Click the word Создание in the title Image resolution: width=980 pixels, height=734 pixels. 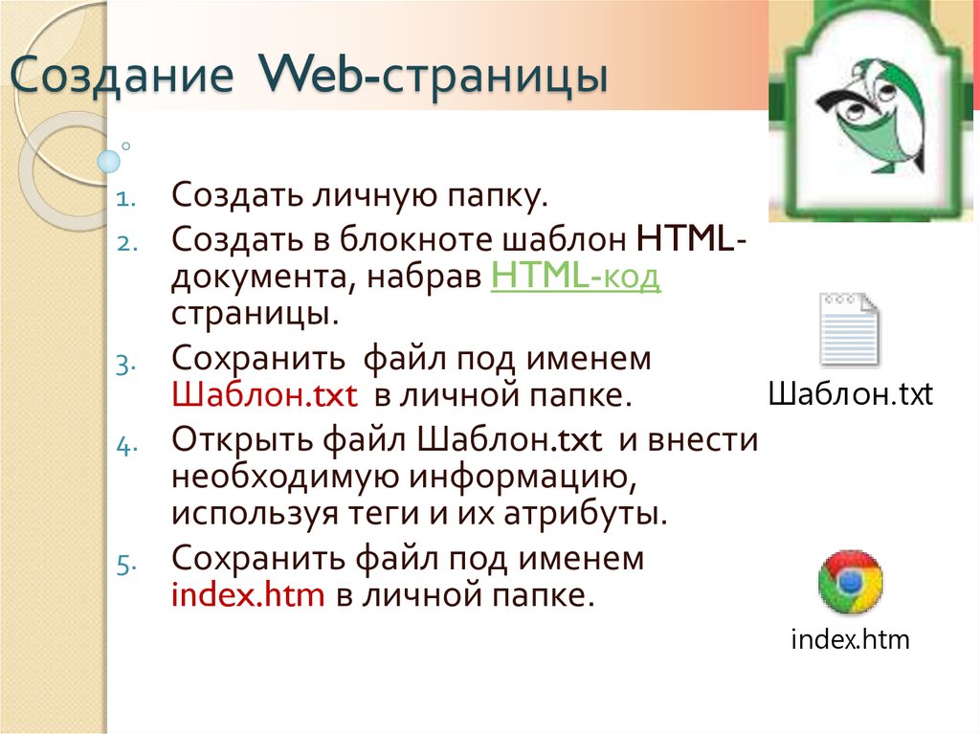122,76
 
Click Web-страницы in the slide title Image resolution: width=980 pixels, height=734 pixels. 434,76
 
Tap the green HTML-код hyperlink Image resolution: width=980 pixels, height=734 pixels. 575,277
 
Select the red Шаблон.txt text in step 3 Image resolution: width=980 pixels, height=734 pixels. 264,395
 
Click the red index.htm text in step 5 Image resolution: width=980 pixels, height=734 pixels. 248,594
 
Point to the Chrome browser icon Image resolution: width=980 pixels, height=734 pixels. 850,582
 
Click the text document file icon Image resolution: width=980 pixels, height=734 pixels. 850,329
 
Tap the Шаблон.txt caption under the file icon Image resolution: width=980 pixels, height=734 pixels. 851,394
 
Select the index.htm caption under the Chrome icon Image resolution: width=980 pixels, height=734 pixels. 850,639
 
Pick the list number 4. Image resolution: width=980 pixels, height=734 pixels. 126,445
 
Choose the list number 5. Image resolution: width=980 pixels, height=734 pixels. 126,566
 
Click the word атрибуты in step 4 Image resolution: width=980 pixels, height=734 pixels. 586,514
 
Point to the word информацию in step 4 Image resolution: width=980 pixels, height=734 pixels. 523,477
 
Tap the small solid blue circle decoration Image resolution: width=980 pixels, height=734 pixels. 109,162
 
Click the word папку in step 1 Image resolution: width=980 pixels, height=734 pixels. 497,195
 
